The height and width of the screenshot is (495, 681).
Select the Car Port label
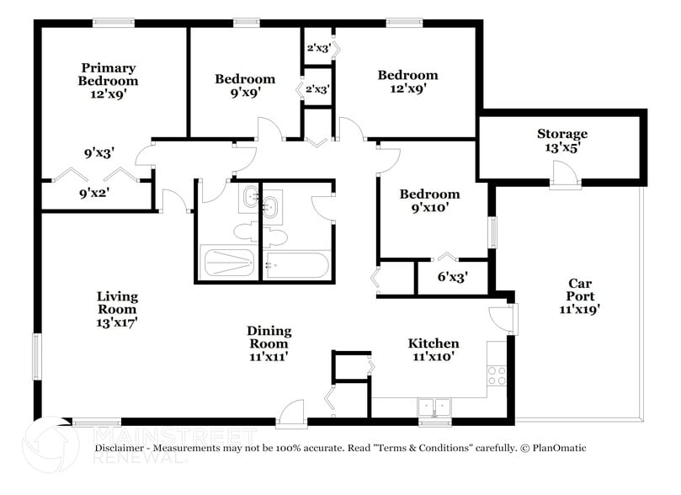click(x=580, y=296)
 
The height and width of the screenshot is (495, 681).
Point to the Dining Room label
click(x=269, y=343)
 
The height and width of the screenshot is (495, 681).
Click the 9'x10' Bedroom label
click(x=434, y=200)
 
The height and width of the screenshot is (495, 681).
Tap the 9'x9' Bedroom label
click(x=244, y=86)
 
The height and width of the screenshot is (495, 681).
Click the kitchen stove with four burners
click(x=497, y=375)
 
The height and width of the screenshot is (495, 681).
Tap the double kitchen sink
click(x=434, y=407)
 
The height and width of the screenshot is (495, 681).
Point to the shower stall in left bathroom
click(x=226, y=263)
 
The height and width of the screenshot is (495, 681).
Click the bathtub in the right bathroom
click(x=295, y=265)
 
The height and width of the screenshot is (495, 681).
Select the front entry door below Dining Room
click(x=291, y=413)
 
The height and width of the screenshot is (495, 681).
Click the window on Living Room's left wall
click(x=36, y=356)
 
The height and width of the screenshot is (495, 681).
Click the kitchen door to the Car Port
click(x=503, y=317)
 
